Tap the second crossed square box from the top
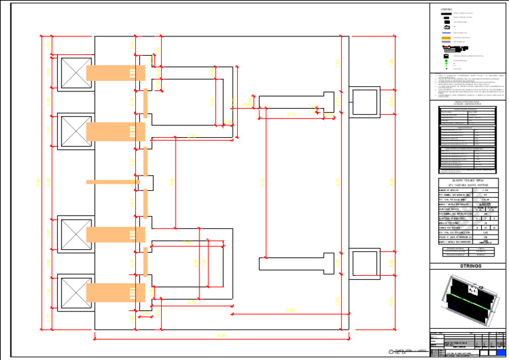[x=76, y=131]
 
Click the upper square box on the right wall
[x=363, y=103]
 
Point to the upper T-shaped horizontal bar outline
[x=298, y=102]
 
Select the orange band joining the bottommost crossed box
[x=115, y=292]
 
